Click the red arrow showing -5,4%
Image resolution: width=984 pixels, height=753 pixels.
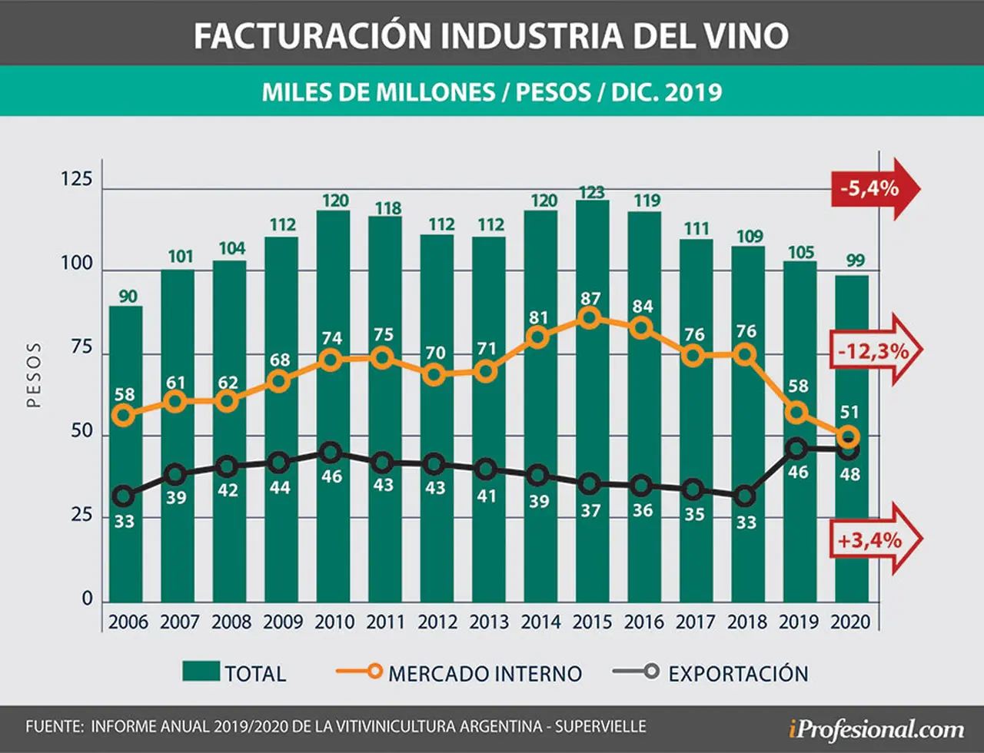point(875,189)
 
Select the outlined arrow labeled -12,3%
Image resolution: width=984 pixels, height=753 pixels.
point(876,350)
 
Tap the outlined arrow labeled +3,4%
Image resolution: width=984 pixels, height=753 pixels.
point(876,539)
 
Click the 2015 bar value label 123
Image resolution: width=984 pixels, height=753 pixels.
point(592,192)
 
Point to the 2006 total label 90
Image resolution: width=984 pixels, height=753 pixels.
point(128,297)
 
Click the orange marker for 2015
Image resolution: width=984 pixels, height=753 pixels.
point(589,318)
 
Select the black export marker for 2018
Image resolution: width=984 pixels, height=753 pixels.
point(746,496)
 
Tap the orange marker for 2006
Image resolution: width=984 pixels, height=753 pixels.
point(125,416)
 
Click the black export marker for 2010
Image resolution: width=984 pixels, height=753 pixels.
point(331,453)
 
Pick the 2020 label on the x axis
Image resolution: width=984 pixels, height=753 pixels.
point(850,622)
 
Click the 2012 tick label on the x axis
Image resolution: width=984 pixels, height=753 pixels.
point(437,622)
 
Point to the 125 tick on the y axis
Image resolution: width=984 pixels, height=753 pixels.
point(77,179)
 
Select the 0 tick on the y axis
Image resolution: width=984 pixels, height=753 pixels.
point(87,599)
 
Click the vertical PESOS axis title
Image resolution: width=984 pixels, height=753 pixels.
point(34,375)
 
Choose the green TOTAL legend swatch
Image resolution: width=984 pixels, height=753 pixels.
point(201,671)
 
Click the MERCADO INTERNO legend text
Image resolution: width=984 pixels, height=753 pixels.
point(485,674)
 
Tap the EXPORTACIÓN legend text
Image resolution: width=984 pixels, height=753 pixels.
point(739,673)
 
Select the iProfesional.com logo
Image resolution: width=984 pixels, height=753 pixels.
point(876,729)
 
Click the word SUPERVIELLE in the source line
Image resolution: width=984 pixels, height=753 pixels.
point(600,726)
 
